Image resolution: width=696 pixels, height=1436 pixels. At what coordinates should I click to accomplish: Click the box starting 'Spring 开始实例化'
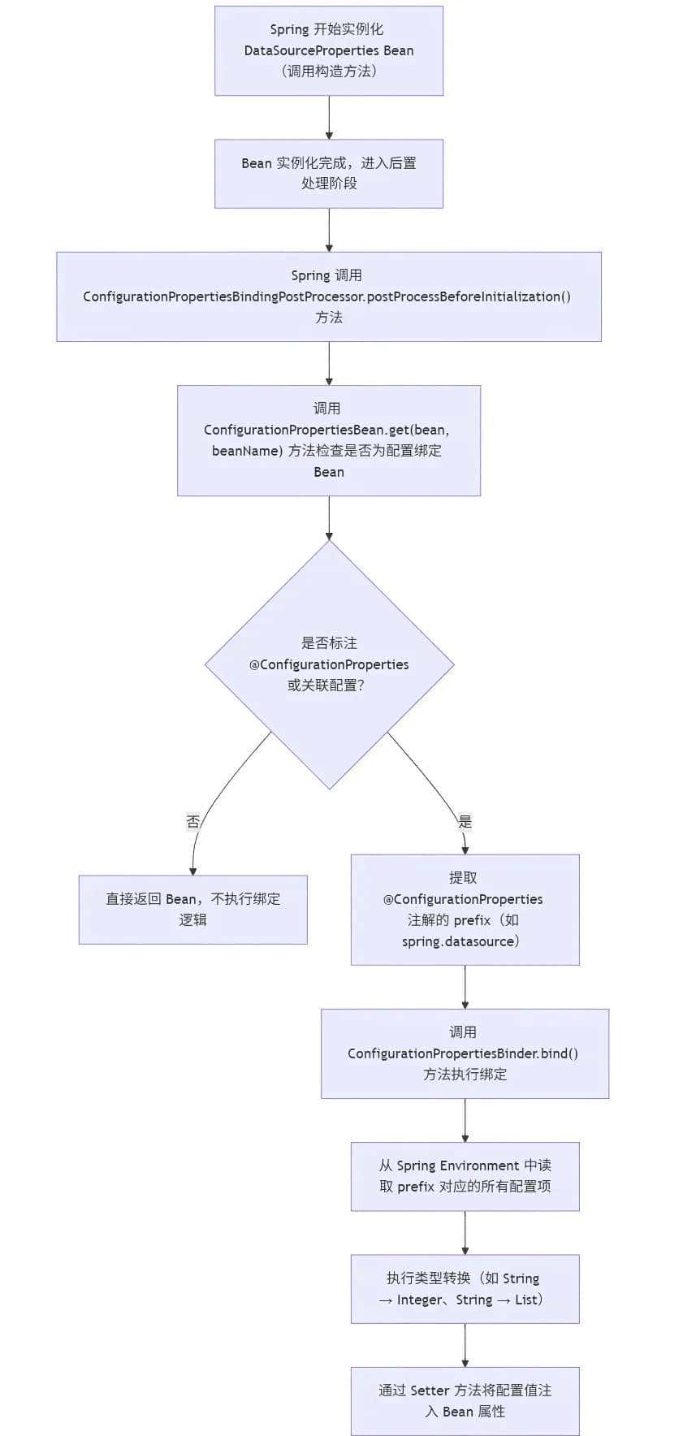point(328,50)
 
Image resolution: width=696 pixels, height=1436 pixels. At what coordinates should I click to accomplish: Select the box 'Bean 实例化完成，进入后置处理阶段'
point(328,173)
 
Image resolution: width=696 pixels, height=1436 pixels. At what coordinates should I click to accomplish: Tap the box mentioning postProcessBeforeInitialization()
point(328,296)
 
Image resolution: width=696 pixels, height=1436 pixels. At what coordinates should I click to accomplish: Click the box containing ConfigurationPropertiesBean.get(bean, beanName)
point(328,439)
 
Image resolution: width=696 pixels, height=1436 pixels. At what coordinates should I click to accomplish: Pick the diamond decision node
point(328,664)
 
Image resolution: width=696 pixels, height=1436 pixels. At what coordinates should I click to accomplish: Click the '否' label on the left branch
point(192,821)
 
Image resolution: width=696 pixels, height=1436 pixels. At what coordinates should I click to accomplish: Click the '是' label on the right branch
point(465,821)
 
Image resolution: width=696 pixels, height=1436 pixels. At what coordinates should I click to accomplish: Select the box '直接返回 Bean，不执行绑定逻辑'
point(192,909)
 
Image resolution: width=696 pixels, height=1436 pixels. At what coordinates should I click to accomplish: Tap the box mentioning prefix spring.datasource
point(465,909)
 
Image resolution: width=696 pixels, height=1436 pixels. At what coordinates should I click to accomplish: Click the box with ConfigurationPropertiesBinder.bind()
point(465,1053)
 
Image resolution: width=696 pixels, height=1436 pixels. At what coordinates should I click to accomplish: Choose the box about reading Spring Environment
point(465,1175)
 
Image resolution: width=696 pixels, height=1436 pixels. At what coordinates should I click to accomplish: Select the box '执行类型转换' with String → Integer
point(465,1288)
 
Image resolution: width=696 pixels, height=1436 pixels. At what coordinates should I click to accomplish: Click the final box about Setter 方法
point(465,1400)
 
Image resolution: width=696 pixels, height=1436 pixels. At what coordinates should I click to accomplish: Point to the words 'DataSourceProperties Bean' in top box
point(328,50)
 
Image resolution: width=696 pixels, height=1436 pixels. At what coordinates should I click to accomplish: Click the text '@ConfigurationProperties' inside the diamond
point(328,664)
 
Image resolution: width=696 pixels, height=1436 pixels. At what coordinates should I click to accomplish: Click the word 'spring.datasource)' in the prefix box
point(460,941)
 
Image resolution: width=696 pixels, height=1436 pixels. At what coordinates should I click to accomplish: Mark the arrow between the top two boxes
point(328,118)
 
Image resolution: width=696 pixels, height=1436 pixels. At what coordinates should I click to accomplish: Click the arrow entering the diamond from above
point(328,518)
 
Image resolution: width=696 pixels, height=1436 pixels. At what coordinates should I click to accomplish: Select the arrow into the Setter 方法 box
point(465,1345)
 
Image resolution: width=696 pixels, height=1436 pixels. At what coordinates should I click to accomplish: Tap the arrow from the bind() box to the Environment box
point(465,1120)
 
